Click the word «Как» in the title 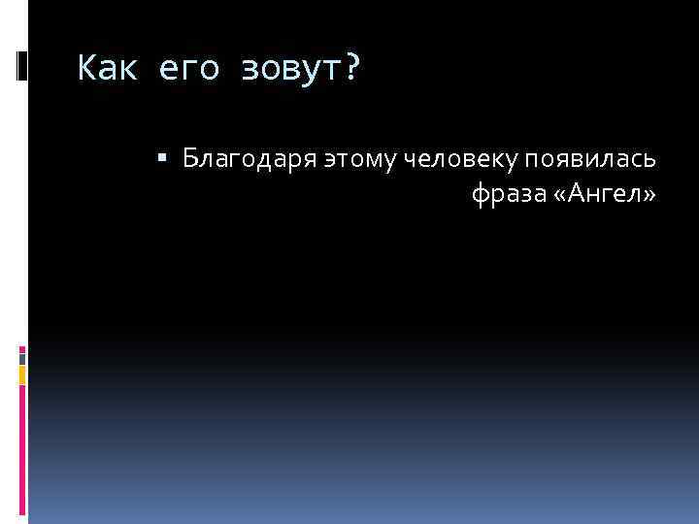click(105, 69)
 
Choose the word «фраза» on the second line click(506, 195)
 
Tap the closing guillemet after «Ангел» click(648, 196)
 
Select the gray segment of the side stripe click(22, 357)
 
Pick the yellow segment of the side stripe click(22, 375)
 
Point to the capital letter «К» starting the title click(86, 69)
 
